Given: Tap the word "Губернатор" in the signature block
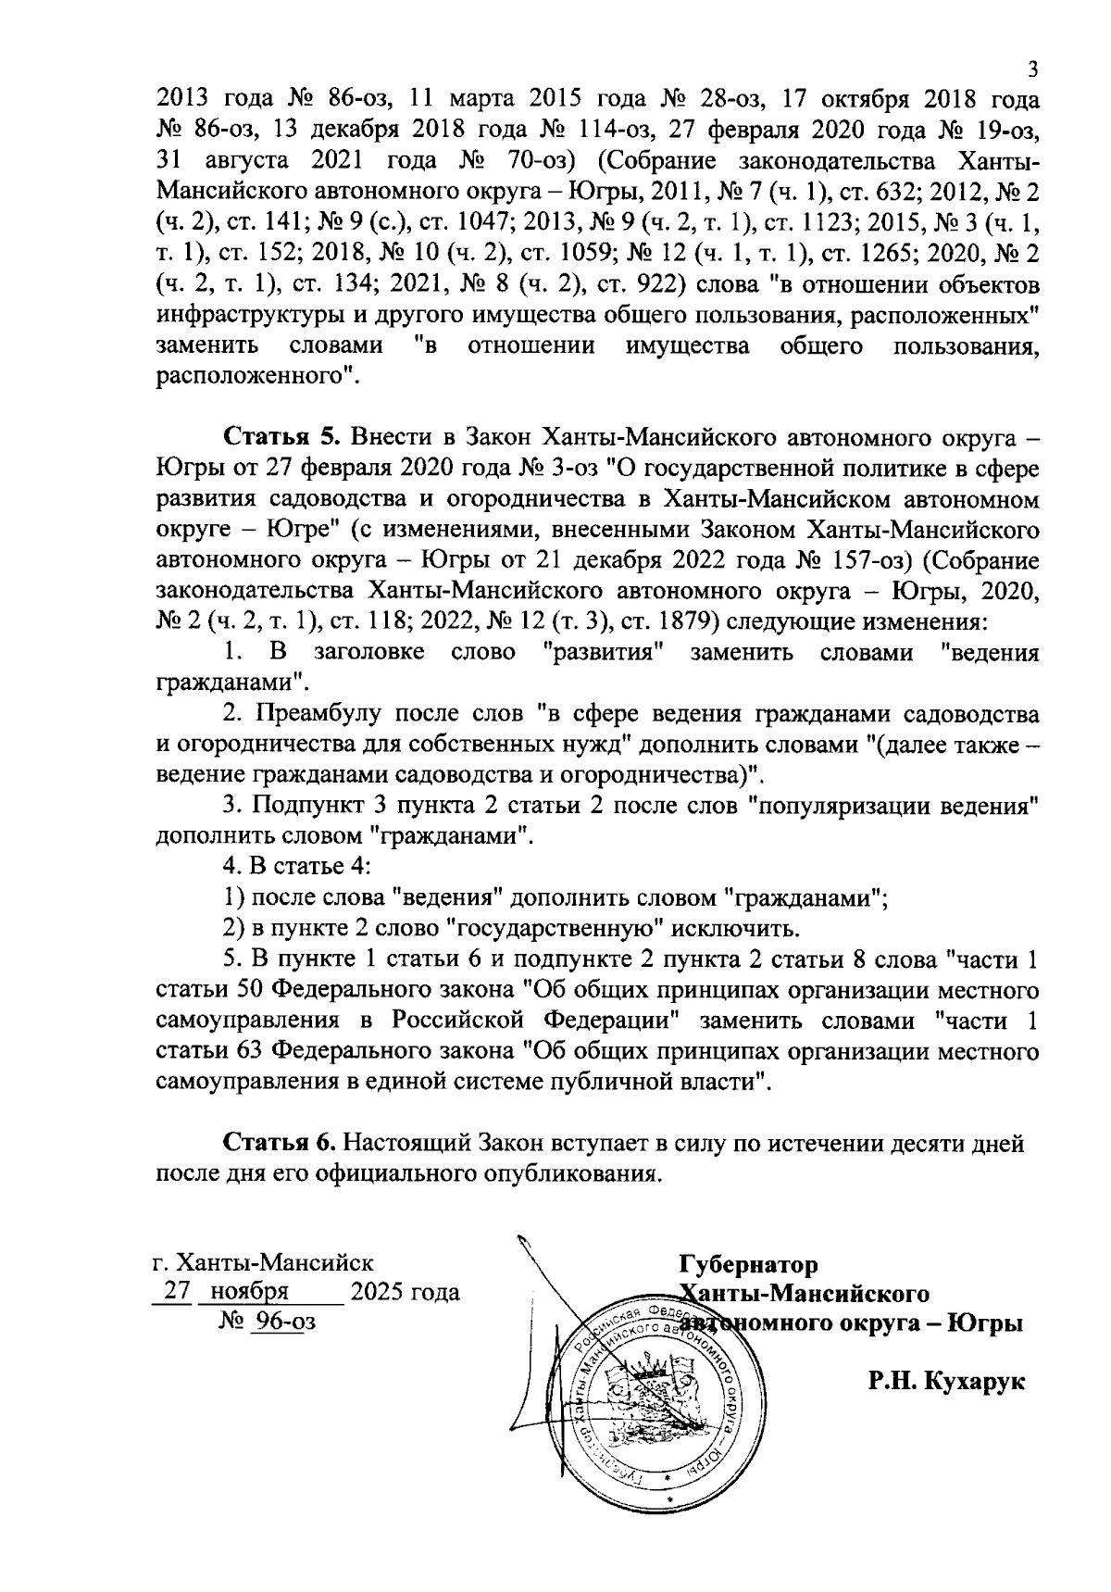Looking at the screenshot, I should [749, 1265].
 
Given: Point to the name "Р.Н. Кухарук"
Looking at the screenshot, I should [946, 1382].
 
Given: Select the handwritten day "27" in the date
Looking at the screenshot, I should [177, 1292].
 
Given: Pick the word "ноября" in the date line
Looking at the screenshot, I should [250, 1292].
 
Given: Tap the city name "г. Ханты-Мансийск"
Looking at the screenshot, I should [264, 1263].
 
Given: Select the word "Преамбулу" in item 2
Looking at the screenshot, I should [316, 714].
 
